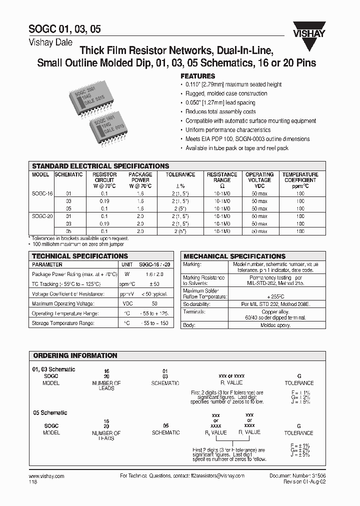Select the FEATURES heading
(197, 76)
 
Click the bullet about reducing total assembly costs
(220, 112)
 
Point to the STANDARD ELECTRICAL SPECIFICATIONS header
(100, 166)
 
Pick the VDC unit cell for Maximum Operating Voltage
(126, 303)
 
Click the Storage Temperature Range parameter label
(62, 323)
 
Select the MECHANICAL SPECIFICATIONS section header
(234, 256)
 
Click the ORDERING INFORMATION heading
(75, 355)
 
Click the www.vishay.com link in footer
(44, 476)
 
